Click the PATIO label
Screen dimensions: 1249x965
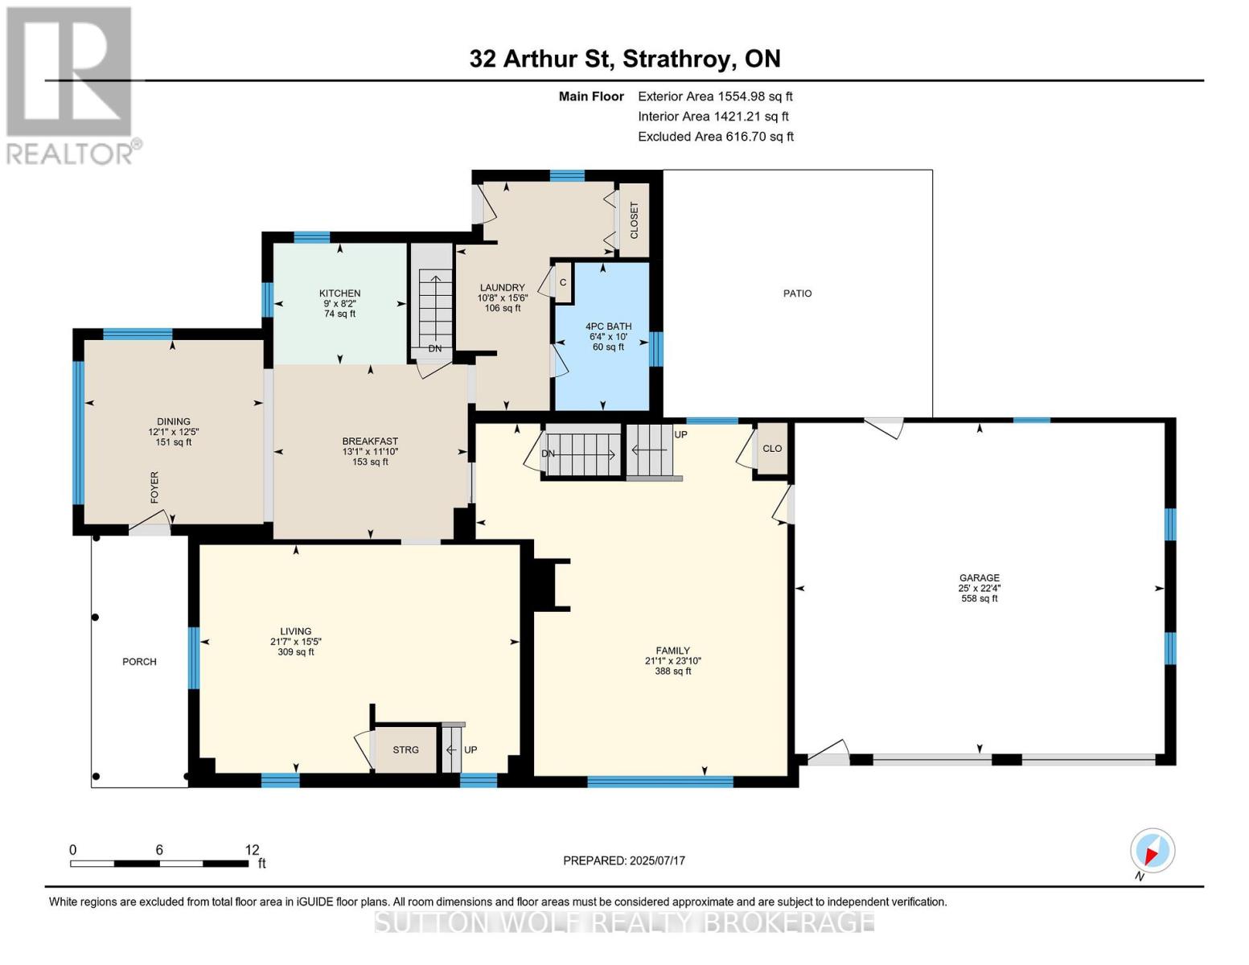797,294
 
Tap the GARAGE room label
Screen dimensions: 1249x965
980,577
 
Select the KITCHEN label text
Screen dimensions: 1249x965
339,294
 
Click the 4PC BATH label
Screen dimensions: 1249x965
608,326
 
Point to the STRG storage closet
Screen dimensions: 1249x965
406,750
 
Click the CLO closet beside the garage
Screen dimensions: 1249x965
772,449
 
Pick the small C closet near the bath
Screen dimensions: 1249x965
563,282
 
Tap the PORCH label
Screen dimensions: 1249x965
139,662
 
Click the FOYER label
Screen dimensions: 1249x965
154,487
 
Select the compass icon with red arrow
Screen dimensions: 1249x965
1152,851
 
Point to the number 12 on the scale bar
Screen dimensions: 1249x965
253,849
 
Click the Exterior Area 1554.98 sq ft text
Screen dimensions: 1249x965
715,96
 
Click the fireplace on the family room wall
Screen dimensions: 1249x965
545,584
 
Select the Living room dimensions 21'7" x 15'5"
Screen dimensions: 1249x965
295,642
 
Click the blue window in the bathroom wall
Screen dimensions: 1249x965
655,349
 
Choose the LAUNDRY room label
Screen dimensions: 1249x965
503,287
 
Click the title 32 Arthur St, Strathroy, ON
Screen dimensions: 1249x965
625,59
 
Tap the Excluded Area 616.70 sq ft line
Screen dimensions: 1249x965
716,137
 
